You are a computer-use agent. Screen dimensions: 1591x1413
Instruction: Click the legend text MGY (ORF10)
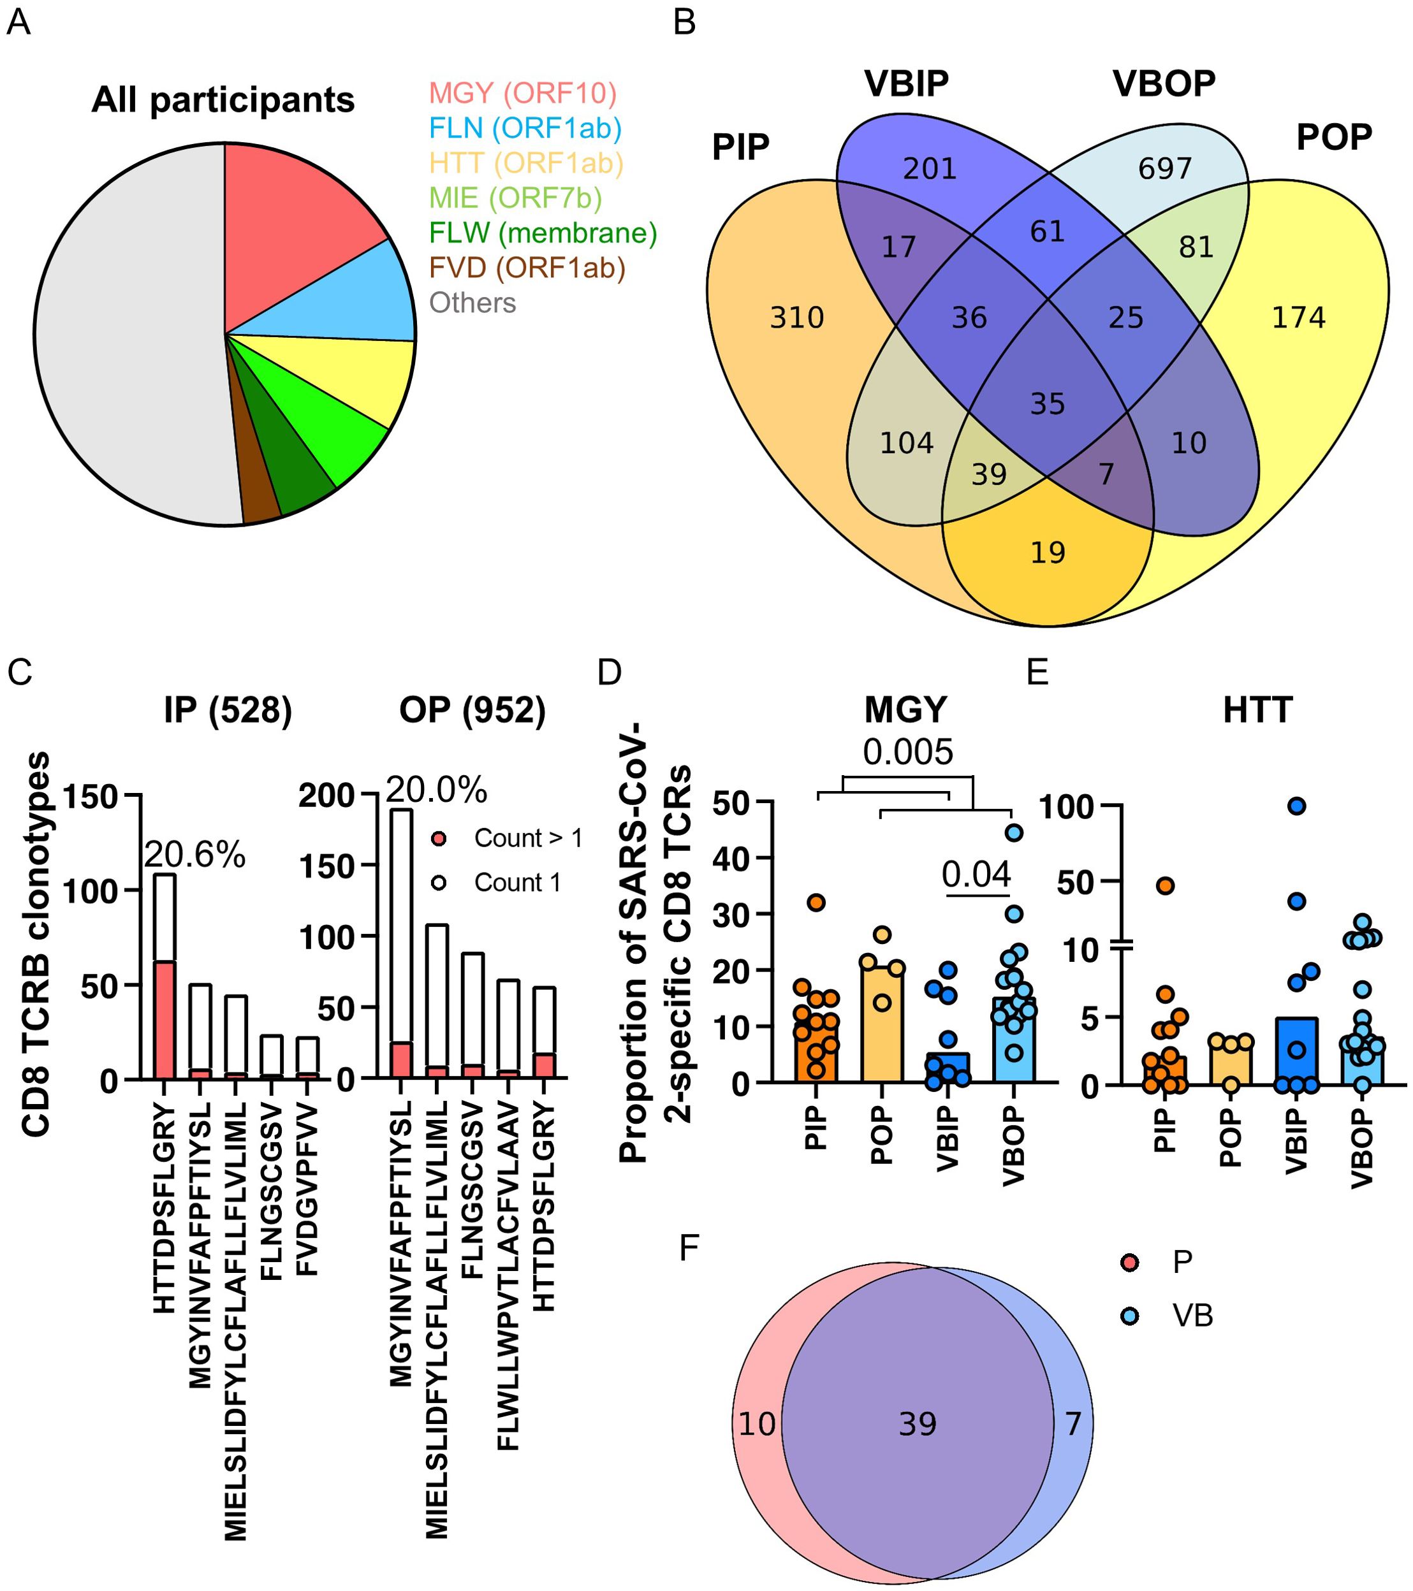pos(522,94)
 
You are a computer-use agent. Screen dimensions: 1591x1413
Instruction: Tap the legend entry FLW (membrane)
pos(543,233)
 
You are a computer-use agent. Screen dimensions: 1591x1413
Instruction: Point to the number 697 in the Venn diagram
pos(1165,169)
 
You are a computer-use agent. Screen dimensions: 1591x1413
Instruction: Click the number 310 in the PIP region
pos(796,317)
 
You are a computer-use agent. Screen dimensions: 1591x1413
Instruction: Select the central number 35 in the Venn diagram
pos(1047,404)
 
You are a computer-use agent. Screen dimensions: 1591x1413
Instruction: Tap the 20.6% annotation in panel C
pos(194,855)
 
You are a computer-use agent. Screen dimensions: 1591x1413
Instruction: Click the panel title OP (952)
pos(472,710)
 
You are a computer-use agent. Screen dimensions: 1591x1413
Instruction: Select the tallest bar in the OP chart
pos(401,934)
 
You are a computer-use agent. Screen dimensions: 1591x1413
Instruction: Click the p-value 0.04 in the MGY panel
pos(976,874)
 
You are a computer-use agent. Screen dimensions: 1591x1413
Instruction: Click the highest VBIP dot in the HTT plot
pos(1296,806)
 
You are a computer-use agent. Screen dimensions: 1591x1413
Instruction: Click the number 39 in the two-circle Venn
pos(917,1425)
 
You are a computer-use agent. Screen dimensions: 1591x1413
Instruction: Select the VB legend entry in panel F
pos(1192,1316)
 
